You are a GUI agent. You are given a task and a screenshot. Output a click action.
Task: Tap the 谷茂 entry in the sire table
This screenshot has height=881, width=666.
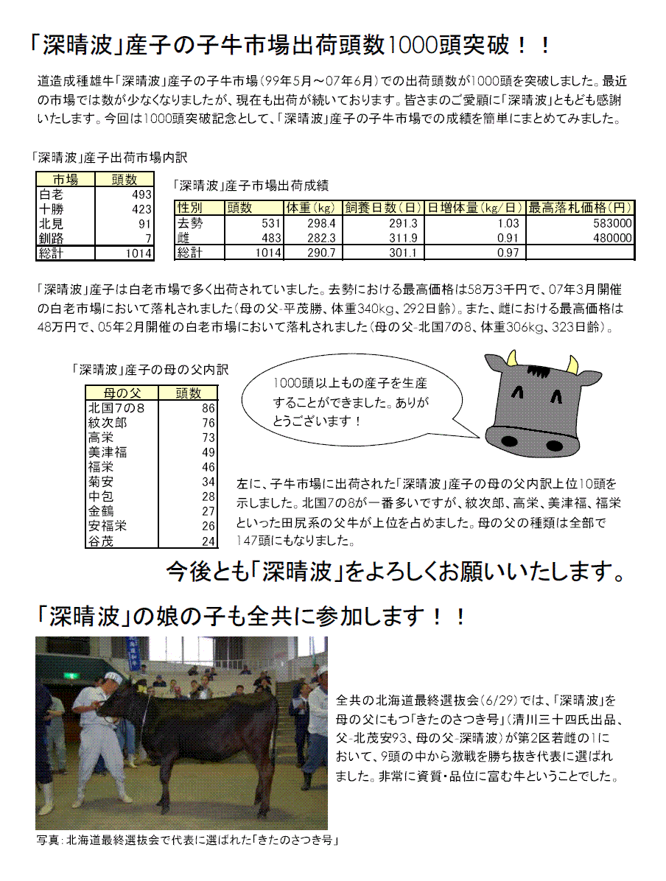(101, 541)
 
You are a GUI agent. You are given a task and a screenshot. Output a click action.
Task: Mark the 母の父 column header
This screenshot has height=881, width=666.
(122, 393)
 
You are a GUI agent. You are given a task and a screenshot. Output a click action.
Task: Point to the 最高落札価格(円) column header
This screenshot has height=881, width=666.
(581, 208)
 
